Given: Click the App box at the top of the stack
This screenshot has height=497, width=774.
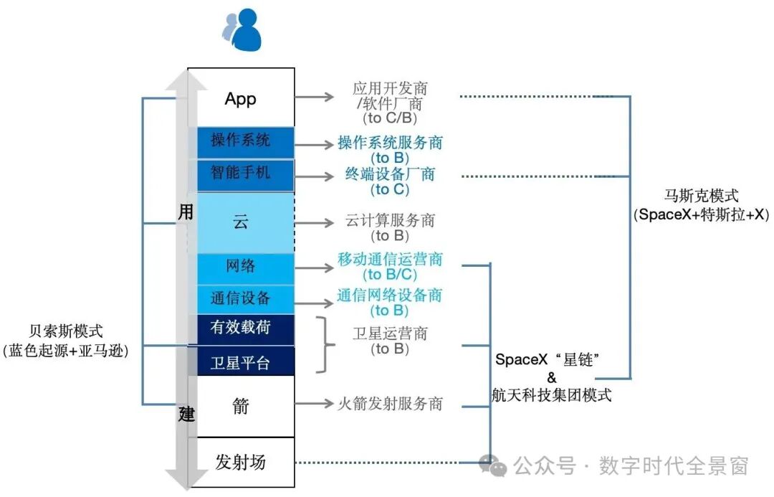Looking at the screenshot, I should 241,98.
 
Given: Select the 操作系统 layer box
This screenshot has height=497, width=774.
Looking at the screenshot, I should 241,141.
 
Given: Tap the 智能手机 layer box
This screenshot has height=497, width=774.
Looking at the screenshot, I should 241,174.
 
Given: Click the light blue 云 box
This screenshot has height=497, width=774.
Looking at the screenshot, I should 241,222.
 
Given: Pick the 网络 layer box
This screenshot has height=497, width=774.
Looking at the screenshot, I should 241,267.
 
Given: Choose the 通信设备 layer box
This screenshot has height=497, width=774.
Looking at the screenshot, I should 241,298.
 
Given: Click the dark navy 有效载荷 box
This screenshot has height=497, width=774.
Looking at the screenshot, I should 241,328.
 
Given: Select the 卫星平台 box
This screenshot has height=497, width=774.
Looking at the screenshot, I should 241,362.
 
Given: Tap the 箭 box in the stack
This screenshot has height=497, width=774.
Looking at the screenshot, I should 241,406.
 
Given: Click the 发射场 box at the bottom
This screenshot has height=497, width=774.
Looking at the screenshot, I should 241,462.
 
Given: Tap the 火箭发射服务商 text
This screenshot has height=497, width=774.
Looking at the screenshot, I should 390,404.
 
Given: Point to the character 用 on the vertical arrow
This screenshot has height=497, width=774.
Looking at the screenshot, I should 186,212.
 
